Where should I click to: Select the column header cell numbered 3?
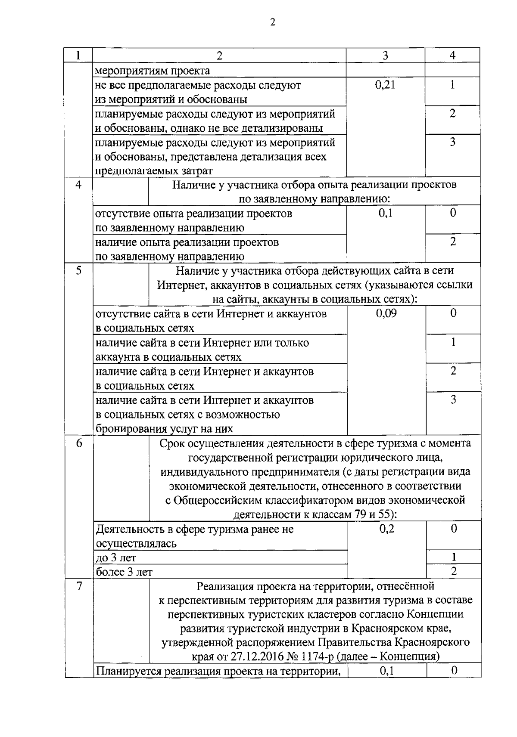[385, 56]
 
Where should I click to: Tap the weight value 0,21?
[385, 85]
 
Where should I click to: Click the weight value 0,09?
[386, 313]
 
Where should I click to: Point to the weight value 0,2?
[386, 529]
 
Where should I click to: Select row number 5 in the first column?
[79, 271]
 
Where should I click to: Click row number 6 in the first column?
[79, 443]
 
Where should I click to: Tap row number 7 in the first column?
[79, 586]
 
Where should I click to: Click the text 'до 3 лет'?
[116, 558]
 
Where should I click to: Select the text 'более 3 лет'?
[124, 572]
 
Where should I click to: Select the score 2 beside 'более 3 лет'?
[454, 572]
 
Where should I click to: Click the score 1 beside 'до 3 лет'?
[454, 557]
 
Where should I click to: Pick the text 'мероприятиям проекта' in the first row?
[153, 71]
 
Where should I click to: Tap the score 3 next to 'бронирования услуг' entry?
[453, 400]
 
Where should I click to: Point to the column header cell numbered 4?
[452, 56]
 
